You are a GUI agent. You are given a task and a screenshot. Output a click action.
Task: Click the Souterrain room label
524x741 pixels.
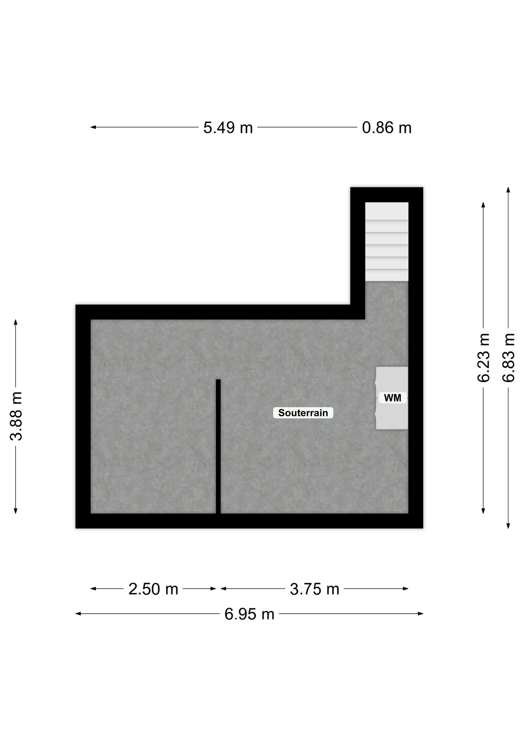click(303, 413)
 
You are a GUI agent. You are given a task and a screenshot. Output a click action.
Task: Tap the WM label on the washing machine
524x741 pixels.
click(392, 398)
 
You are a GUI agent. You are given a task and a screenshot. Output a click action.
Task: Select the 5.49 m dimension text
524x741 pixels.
click(228, 128)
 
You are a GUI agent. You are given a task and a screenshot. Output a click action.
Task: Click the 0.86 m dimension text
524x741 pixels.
click(387, 128)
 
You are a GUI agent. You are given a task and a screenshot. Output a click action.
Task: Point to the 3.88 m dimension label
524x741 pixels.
click(17, 416)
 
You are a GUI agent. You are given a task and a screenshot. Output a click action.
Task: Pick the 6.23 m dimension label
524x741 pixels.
click(483, 358)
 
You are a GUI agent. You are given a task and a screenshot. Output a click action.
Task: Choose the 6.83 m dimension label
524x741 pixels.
click(509, 358)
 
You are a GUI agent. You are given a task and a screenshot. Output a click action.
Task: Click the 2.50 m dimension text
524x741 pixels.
click(153, 589)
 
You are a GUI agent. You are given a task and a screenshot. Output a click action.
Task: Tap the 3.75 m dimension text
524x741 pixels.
click(314, 589)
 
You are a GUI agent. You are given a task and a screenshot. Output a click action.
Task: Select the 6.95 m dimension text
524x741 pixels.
click(249, 614)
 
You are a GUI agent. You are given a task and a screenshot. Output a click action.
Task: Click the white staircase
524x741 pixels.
click(387, 242)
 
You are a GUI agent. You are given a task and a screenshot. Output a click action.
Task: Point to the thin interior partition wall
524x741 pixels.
click(218, 447)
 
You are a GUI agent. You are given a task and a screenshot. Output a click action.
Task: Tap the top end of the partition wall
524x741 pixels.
click(218, 380)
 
